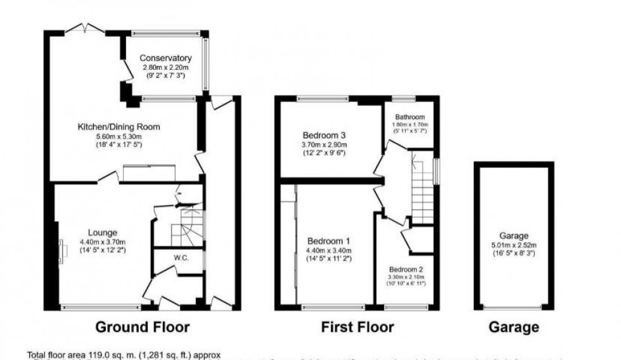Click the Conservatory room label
(x=165, y=58)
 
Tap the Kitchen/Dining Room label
(x=118, y=127)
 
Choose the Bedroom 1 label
(x=328, y=241)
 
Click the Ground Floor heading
(x=142, y=327)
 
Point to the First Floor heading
(x=357, y=327)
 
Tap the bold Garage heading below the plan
(x=514, y=327)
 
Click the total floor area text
(x=123, y=355)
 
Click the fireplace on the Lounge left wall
(x=62, y=249)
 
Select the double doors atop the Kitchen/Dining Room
(x=84, y=28)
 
